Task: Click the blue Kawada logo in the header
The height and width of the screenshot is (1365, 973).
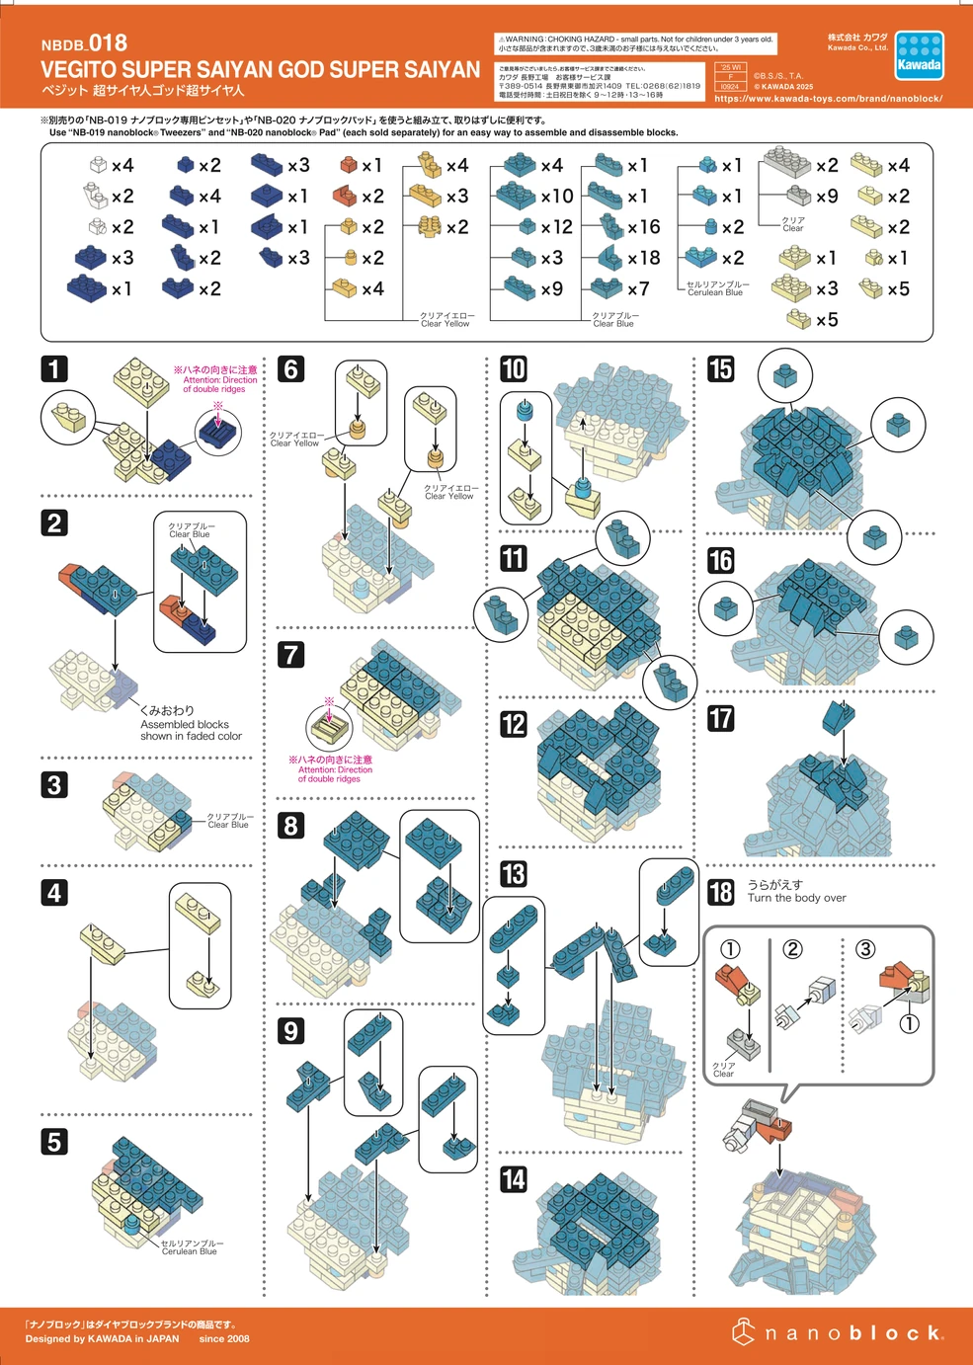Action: click(x=919, y=56)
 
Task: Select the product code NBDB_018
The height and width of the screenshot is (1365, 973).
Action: click(x=84, y=43)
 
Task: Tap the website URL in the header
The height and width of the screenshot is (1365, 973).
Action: click(x=828, y=99)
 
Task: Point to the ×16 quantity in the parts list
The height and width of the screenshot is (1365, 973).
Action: click(x=643, y=227)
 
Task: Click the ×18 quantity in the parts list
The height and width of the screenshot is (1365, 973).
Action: click(x=643, y=258)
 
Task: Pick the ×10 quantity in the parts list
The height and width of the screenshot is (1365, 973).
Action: click(x=556, y=197)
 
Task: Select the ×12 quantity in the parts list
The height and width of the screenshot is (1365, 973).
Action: click(x=556, y=227)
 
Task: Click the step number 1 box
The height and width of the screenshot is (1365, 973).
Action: click(x=54, y=369)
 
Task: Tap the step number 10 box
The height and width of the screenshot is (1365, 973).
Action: click(x=514, y=369)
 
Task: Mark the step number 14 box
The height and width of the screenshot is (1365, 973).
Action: click(x=514, y=1179)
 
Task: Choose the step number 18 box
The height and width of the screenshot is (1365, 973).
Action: click(x=721, y=892)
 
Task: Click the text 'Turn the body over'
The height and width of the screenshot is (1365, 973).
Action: click(x=796, y=899)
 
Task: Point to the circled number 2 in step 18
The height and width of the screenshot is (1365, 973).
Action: click(x=792, y=949)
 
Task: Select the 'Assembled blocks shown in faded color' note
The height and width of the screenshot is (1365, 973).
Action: click(x=190, y=724)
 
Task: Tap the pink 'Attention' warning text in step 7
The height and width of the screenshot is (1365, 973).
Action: click(x=330, y=769)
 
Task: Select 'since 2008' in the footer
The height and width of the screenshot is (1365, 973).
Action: click(x=224, y=1339)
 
